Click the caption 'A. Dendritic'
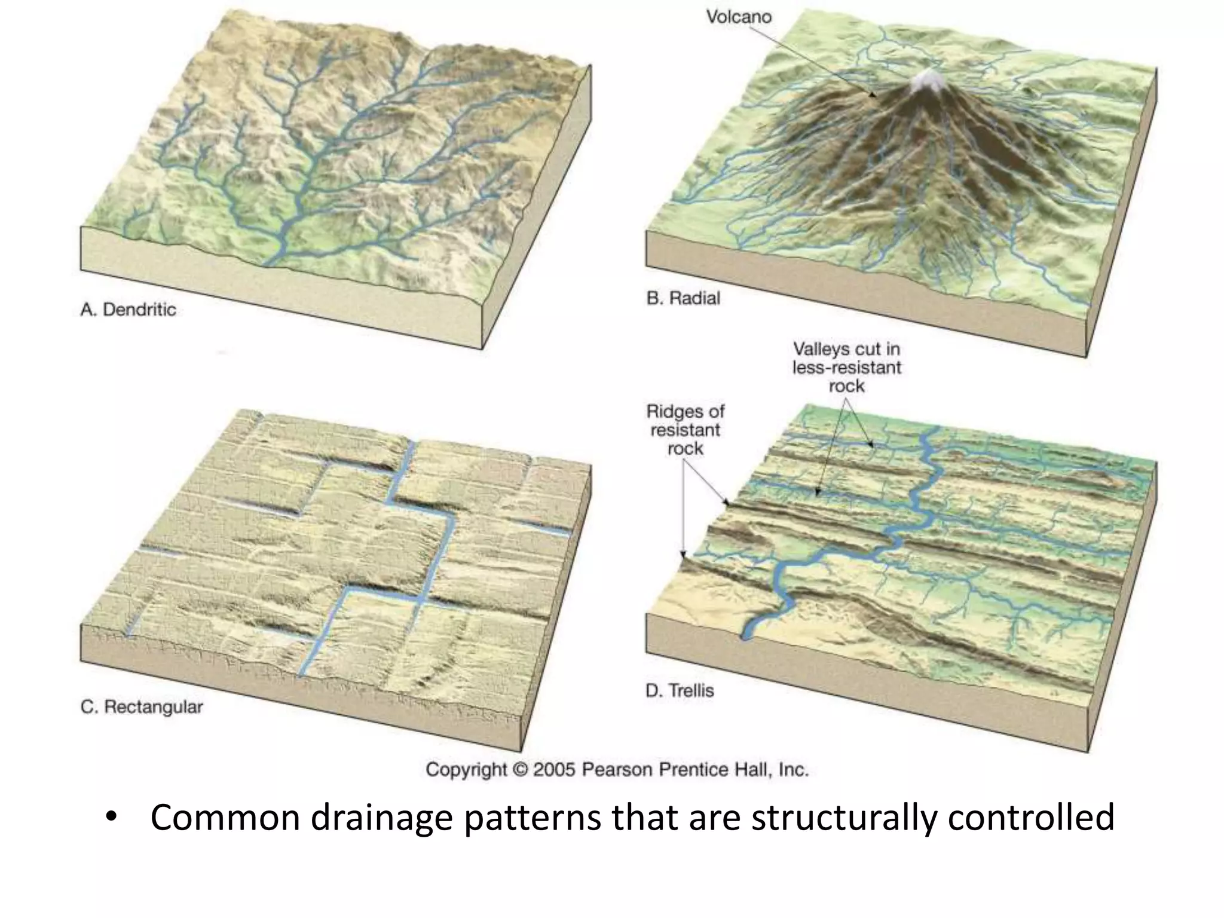tap(128, 310)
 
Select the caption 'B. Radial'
tap(683, 298)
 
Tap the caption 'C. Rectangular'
tap(142, 707)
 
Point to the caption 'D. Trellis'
tap(680, 691)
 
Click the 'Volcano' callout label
tap(739, 17)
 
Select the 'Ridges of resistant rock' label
tap(685, 430)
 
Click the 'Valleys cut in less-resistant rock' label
tap(846, 367)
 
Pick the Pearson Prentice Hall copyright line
tap(617, 769)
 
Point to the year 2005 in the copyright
tap(555, 769)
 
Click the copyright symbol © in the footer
tap(519, 769)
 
